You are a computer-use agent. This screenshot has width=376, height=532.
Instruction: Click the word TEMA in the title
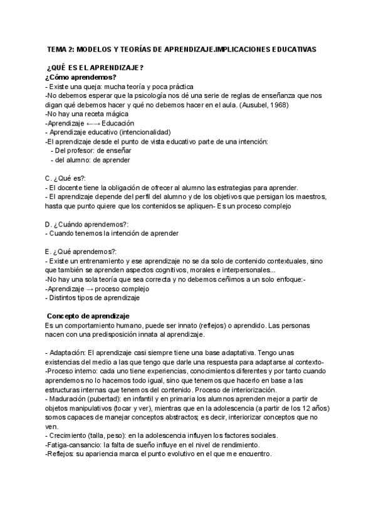pyautogui.click(x=58, y=48)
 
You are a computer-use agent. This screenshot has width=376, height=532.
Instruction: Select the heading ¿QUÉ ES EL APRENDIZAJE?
pyautogui.click(x=96, y=68)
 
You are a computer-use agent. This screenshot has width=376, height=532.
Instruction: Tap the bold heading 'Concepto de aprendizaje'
pyautogui.click(x=88, y=316)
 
